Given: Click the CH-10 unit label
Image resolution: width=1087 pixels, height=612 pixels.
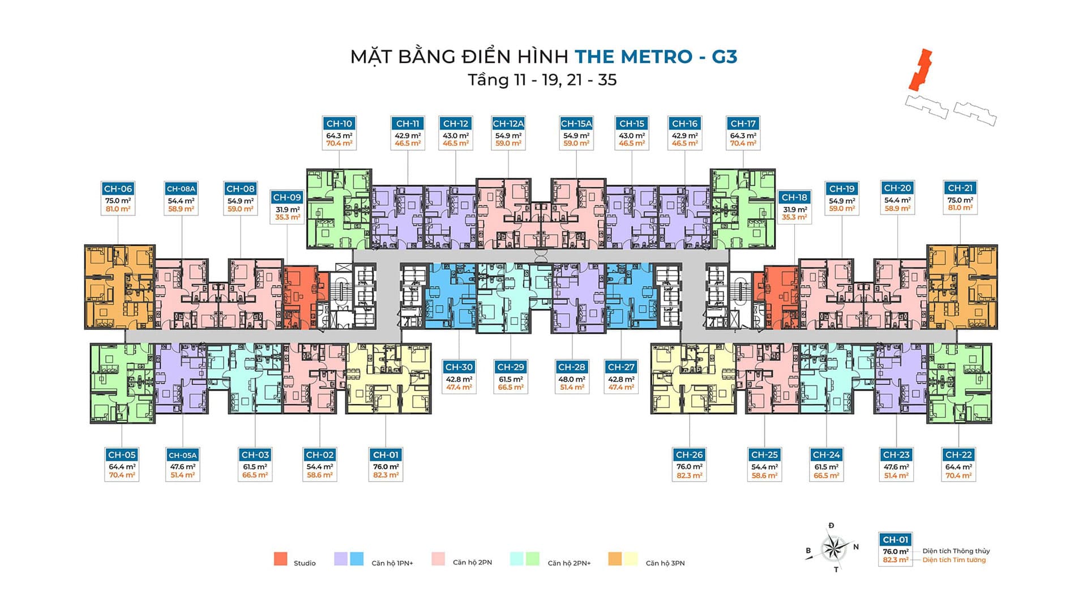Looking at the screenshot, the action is pos(339,124).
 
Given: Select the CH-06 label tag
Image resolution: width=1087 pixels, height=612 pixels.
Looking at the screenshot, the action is pos(118,189).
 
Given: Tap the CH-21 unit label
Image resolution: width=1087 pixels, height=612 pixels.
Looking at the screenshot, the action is pos(960,188).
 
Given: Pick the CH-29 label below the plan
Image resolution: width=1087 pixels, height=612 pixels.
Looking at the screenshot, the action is pos(511,367).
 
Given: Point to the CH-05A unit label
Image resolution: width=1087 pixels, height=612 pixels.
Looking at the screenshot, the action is pos(182,455).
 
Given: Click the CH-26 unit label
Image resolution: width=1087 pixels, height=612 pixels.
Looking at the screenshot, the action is pos(690,454).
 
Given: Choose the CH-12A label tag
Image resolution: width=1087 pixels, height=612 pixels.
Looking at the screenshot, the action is pos(508,124).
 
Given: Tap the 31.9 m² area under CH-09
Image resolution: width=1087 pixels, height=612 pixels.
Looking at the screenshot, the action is pos(288,210).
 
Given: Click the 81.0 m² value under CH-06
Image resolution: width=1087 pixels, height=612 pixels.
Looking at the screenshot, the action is pos(118,209).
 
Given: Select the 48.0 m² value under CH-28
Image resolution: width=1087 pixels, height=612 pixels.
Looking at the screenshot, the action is pos(572,380).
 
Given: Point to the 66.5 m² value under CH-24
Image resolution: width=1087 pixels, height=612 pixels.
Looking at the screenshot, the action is pos(827,475).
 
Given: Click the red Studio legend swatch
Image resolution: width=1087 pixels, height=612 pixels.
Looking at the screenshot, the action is pos(280,559).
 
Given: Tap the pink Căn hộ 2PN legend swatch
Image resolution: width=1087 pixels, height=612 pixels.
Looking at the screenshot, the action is pos(438,559).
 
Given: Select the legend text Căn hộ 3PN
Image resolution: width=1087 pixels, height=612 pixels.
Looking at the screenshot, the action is pos(665,563).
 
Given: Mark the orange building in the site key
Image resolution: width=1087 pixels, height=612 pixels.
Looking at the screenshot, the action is pos(920,70).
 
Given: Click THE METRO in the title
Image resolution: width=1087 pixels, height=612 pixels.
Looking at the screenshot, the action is pos(634,57).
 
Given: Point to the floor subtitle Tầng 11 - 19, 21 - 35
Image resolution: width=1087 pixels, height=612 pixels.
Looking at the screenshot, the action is pos(542,80).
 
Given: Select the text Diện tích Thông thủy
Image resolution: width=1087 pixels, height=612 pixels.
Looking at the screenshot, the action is pos(956,551).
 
